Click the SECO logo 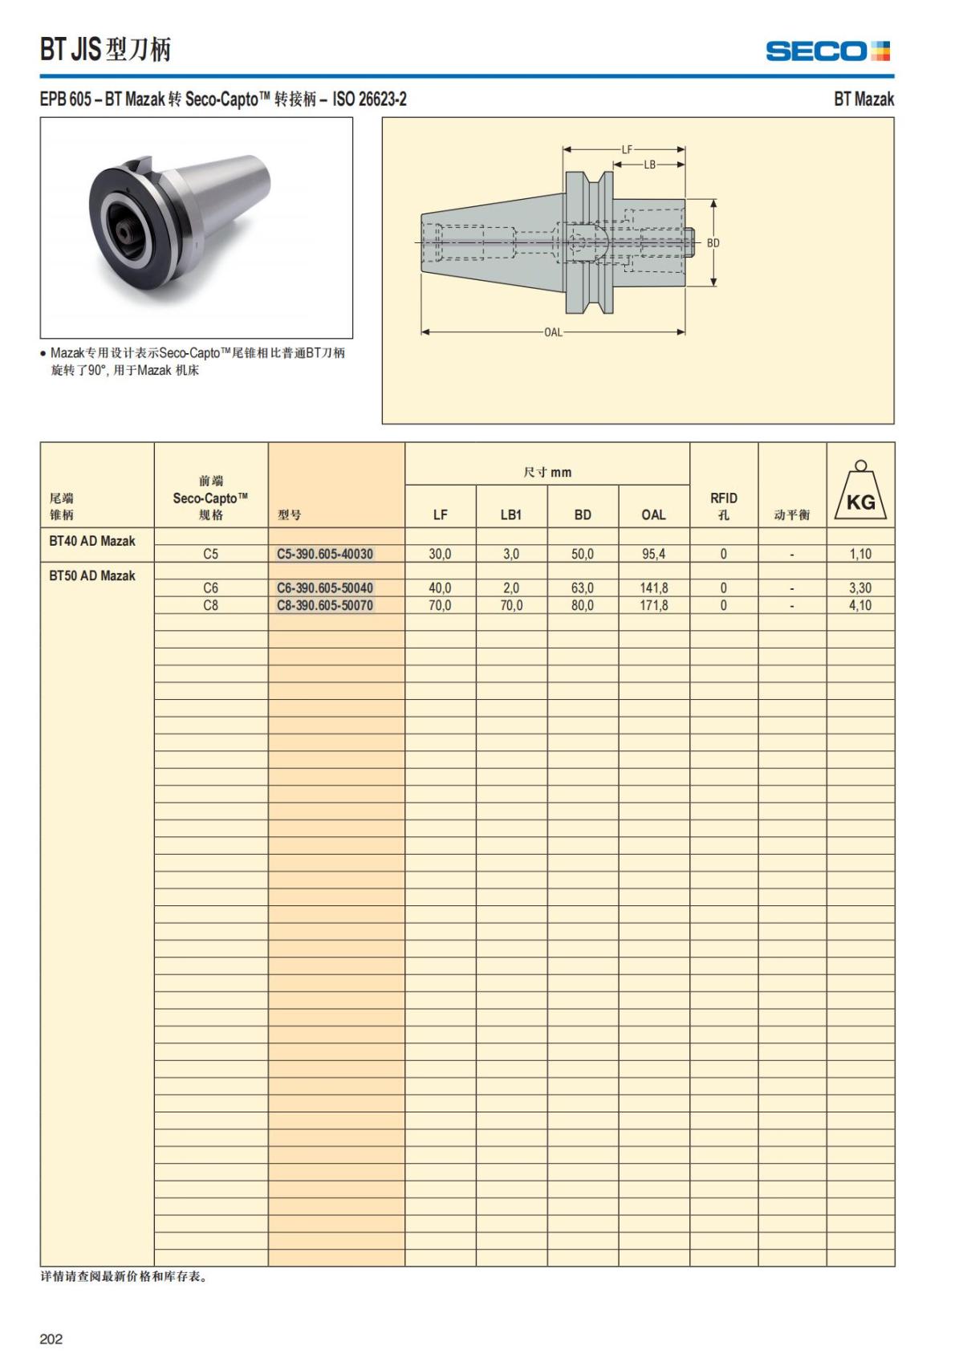[827, 51]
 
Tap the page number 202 [51, 1339]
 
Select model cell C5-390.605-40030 [325, 554]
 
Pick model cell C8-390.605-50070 [325, 605]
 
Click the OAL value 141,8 [654, 588]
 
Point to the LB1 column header [511, 514]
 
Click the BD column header [583, 514]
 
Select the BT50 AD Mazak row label [92, 575]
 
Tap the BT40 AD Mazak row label [92, 541]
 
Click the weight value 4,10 [860, 605]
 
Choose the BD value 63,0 [583, 588]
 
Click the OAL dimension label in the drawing [553, 332]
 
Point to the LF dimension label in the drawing [627, 149]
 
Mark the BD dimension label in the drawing [713, 242]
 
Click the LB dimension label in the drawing [649, 165]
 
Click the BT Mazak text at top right [863, 99]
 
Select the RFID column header [723, 506]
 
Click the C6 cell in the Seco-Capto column [210, 588]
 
